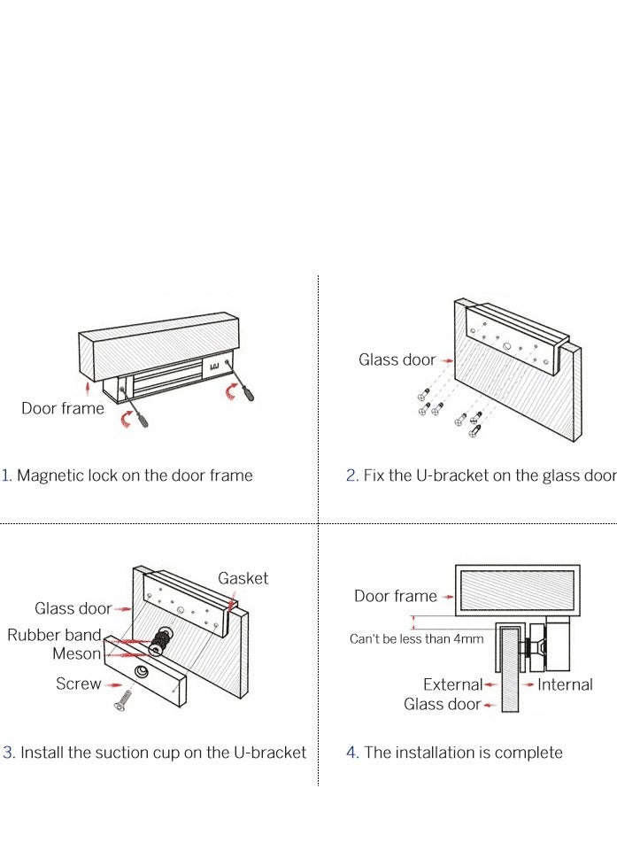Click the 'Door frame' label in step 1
tap(63, 408)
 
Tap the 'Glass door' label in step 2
tap(397, 359)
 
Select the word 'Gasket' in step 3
tap(243, 578)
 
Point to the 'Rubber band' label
tap(54, 635)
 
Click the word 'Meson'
tap(77, 654)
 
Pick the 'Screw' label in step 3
tap(79, 684)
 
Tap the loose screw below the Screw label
tap(123, 700)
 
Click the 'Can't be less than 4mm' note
tap(417, 639)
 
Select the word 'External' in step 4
tap(452, 684)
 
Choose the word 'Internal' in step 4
tap(565, 684)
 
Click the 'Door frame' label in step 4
tap(396, 596)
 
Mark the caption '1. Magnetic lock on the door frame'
tap(127, 475)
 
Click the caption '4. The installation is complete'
tap(454, 753)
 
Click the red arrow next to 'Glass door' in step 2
tap(447, 361)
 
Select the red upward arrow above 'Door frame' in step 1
tap(88, 389)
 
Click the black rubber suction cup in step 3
tap(159, 639)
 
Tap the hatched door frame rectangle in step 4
tap(518, 591)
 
